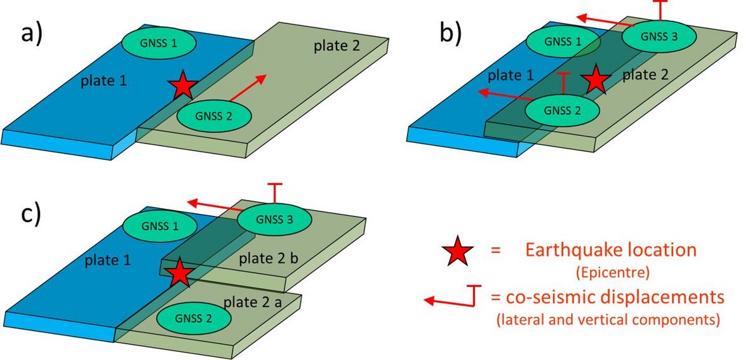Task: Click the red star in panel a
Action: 183,85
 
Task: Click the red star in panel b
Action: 596,80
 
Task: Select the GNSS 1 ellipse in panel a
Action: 159,44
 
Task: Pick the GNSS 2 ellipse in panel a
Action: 215,116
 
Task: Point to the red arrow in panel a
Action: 248,87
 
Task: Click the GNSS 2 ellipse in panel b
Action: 563,109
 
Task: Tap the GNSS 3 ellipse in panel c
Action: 275,220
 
